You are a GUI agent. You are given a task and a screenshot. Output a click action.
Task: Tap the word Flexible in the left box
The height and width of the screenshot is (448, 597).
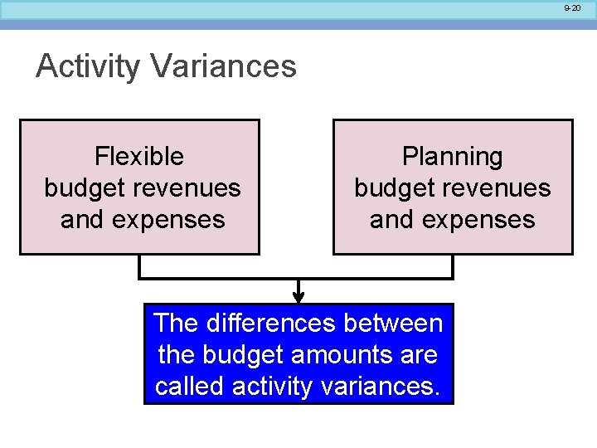point(139,156)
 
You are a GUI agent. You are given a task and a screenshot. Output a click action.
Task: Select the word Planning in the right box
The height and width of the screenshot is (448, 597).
point(453,156)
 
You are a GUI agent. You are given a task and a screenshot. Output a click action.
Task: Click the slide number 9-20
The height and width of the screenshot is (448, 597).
point(572,7)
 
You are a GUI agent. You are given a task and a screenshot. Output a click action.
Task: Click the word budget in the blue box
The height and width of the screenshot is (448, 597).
point(241,355)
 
